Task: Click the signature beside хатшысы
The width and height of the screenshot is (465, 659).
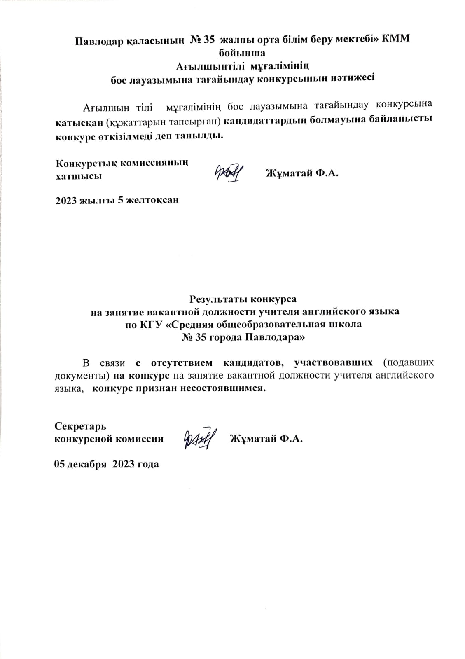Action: [228, 172]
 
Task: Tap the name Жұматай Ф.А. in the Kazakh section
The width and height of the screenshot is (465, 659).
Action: [302, 173]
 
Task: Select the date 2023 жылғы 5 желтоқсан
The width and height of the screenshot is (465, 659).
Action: [117, 201]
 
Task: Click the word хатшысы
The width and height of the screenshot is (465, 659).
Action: [79, 176]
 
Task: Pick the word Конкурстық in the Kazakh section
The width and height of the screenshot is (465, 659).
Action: [85, 163]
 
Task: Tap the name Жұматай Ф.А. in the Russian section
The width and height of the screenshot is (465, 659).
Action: [266, 439]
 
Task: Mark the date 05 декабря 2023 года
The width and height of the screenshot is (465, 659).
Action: [107, 464]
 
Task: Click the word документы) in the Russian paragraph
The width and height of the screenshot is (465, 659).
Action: [82, 376]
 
